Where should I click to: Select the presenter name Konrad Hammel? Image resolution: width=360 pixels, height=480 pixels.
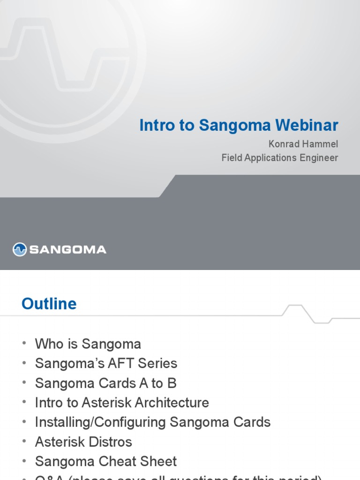click(303, 144)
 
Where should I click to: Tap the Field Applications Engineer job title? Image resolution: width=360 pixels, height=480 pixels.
click(279, 158)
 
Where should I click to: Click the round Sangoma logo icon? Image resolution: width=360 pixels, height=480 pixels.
click(20, 249)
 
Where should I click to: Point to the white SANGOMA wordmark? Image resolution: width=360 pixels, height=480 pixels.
click(68, 250)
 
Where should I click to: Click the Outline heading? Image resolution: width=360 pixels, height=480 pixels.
click(49, 304)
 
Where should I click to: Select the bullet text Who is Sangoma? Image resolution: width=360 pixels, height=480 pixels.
click(88, 344)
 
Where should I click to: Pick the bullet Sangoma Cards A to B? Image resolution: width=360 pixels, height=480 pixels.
click(105, 383)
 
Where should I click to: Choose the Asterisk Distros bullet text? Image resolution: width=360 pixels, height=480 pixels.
click(83, 442)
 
